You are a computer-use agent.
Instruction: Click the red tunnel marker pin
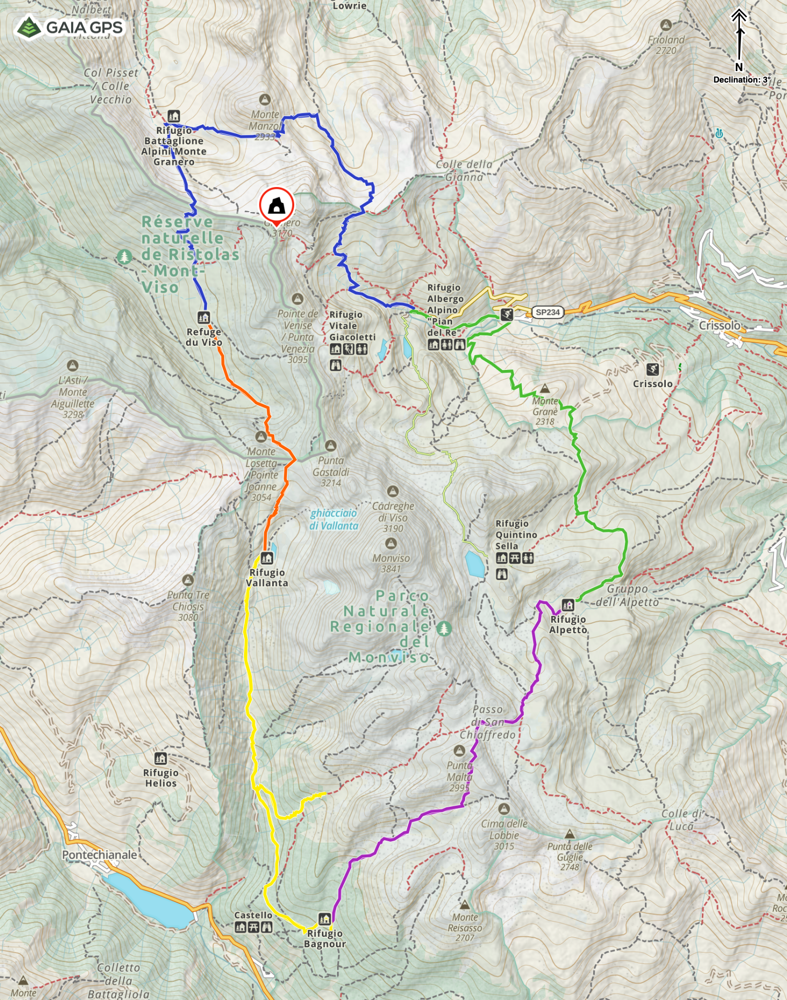tap(276, 206)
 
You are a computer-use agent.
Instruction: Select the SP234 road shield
tap(547, 312)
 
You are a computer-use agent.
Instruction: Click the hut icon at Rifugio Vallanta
tap(267, 558)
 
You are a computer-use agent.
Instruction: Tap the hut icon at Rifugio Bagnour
tap(325, 918)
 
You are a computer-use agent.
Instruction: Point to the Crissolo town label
tap(720, 325)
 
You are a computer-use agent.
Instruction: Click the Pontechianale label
tap(99, 855)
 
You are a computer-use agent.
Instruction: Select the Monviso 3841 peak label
tap(391, 563)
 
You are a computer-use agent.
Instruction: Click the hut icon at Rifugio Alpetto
tap(568, 606)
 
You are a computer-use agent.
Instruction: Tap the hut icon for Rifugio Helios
tap(160, 758)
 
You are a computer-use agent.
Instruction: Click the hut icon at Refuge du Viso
tap(204, 317)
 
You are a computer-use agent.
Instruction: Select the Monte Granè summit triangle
tap(545, 388)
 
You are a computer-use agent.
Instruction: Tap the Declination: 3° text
tap(742, 80)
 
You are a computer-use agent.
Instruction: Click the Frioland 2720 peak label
tap(666, 45)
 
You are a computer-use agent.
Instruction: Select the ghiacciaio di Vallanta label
tap(333, 519)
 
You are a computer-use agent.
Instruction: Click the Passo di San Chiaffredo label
tap(488, 722)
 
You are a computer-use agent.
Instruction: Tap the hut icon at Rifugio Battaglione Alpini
tap(173, 116)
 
